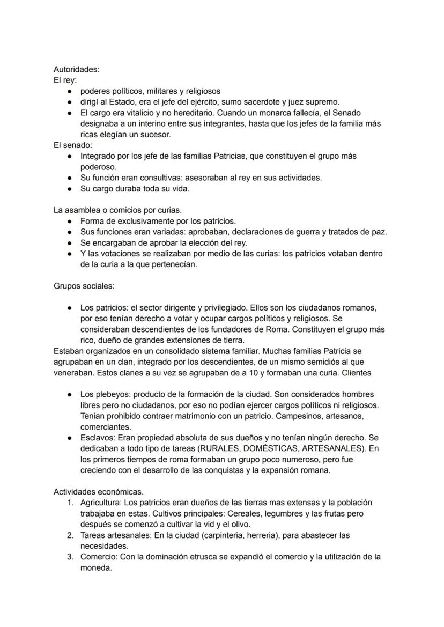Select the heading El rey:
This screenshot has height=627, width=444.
tap(65, 80)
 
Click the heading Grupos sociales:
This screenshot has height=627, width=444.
tap(84, 286)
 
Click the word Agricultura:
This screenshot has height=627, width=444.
tap(102, 503)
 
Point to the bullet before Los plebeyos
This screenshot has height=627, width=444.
tap(70, 394)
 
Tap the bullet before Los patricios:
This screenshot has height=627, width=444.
tap(70, 308)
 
